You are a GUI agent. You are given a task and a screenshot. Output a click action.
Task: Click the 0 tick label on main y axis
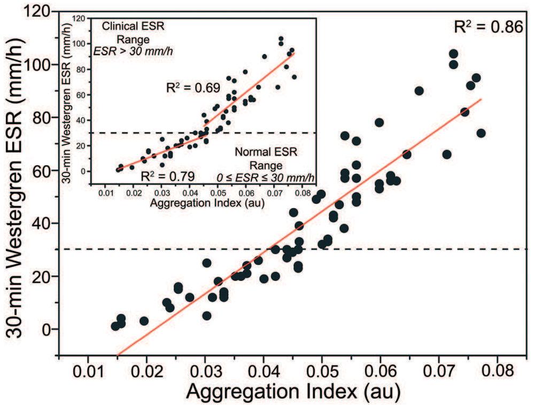click(x=48, y=329)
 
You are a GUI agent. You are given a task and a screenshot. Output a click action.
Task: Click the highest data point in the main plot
click(x=453, y=54)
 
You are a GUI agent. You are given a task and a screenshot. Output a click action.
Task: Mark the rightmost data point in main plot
click(x=481, y=133)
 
